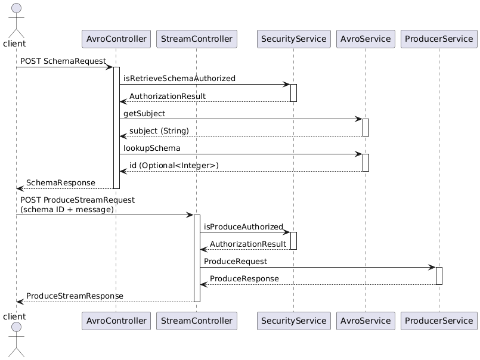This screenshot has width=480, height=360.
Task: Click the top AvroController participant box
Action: (116, 39)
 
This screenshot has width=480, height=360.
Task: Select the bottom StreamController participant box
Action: (196, 321)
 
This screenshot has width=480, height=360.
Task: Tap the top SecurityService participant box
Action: (293, 39)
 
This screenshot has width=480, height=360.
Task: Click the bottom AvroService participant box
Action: (365, 321)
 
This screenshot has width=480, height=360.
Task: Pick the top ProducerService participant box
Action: (439, 39)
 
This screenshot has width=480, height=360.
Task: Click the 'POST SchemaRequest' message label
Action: (63, 61)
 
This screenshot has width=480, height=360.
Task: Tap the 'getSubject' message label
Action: (144, 113)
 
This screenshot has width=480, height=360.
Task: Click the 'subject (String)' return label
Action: (159, 131)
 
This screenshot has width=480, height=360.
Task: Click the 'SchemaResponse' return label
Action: (60, 182)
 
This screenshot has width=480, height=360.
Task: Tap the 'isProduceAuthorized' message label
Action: (243, 226)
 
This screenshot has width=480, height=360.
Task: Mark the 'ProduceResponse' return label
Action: (244, 279)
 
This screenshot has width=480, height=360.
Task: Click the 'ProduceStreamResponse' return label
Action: (75, 296)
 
